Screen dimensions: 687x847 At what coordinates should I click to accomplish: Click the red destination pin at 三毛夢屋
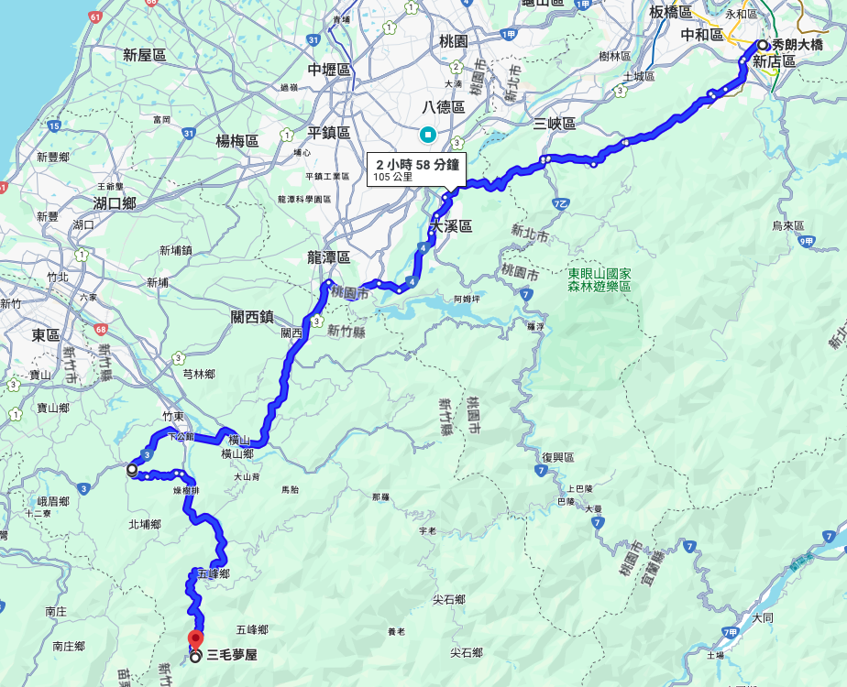coord(195,639)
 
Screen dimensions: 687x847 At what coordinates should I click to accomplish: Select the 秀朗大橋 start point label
coord(797,44)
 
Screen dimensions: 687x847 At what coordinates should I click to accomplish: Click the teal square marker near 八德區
coord(427,136)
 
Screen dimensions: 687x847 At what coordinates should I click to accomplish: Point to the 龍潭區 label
coord(329,258)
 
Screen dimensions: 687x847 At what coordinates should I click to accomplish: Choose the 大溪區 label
coord(451,226)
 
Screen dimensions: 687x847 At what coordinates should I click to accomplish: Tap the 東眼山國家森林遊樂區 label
coord(599,279)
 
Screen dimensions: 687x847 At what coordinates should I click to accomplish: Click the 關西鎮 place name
coord(253,317)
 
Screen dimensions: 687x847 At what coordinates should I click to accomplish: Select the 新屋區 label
coord(144,56)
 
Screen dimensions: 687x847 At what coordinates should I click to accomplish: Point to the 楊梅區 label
coord(237,140)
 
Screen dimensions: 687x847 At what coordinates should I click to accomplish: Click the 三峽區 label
coord(555,124)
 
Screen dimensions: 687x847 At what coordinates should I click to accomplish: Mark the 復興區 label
coord(557,457)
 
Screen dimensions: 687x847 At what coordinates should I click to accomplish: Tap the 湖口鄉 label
coord(115,202)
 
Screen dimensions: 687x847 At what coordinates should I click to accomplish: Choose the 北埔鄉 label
coord(145,525)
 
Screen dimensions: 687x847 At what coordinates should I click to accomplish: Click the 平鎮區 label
coord(329,133)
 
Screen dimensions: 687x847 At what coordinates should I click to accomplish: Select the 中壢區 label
coord(329,70)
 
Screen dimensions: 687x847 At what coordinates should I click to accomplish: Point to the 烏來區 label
coord(787,225)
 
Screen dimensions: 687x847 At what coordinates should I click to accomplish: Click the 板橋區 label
coord(670,12)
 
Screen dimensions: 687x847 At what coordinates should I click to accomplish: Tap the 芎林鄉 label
coord(199,375)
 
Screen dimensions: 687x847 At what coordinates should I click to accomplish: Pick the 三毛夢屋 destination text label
coord(231,655)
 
